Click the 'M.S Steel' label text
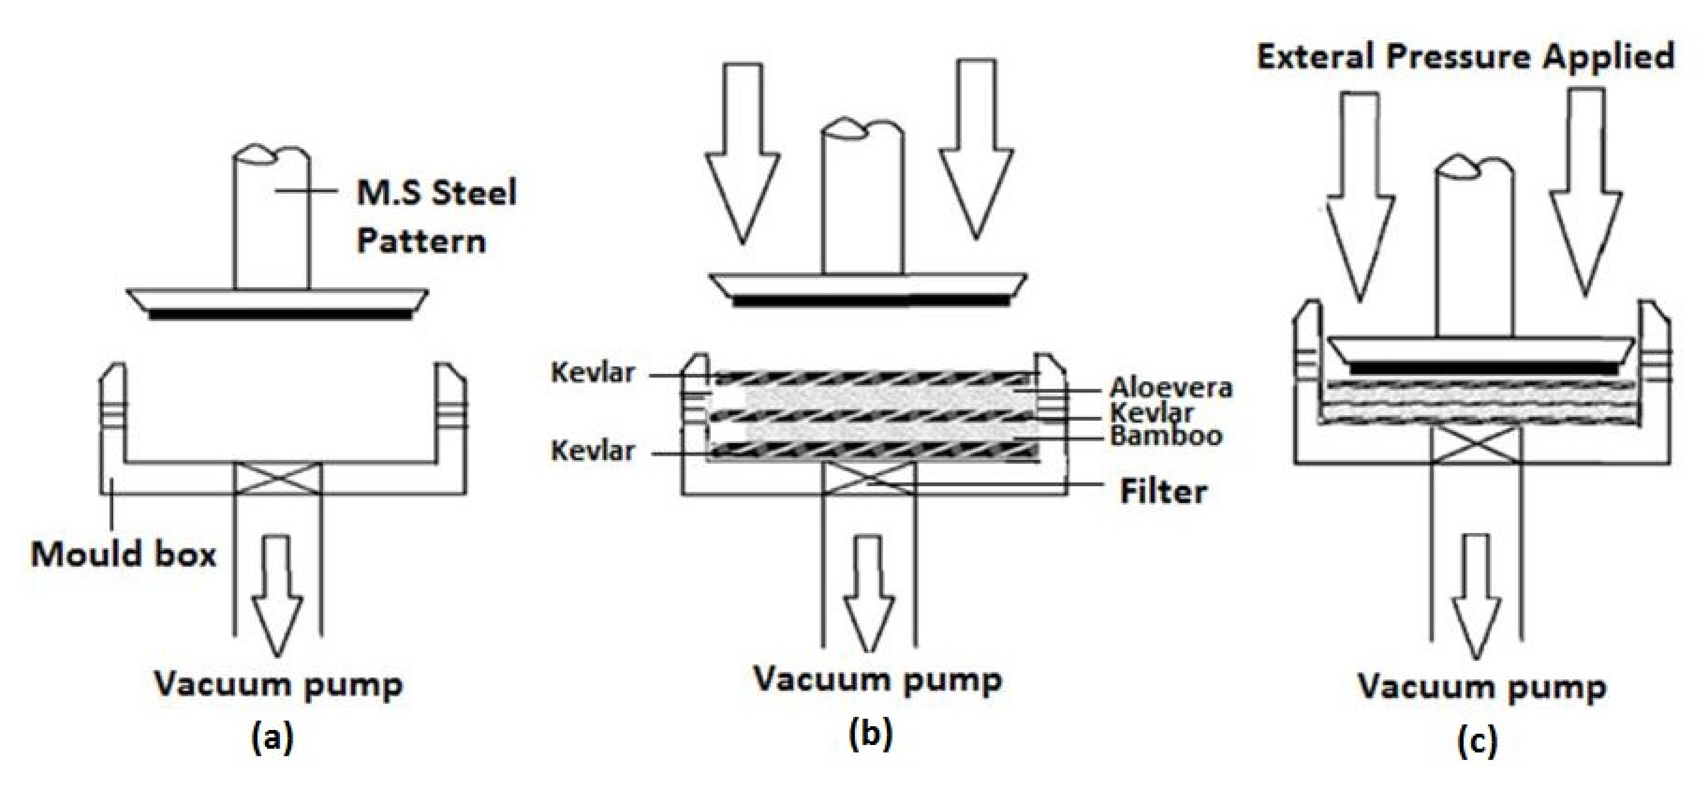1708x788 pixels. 436,193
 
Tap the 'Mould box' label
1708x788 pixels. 123,555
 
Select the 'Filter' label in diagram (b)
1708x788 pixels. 1163,492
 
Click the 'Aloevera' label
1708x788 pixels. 1171,388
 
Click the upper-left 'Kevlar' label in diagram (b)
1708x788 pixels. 592,373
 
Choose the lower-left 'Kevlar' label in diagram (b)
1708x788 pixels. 592,452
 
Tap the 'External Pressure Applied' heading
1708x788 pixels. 1465,56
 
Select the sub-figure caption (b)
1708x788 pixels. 870,734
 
